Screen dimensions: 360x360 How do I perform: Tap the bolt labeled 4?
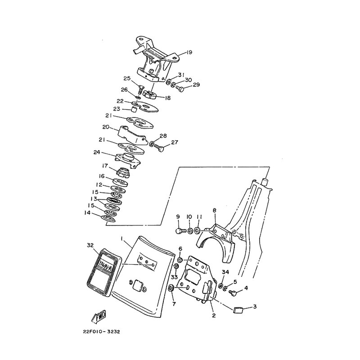(234, 292)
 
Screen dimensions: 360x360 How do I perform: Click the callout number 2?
(214, 315)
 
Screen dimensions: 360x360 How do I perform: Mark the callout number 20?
(106, 127)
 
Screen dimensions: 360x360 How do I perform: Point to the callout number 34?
(225, 272)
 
